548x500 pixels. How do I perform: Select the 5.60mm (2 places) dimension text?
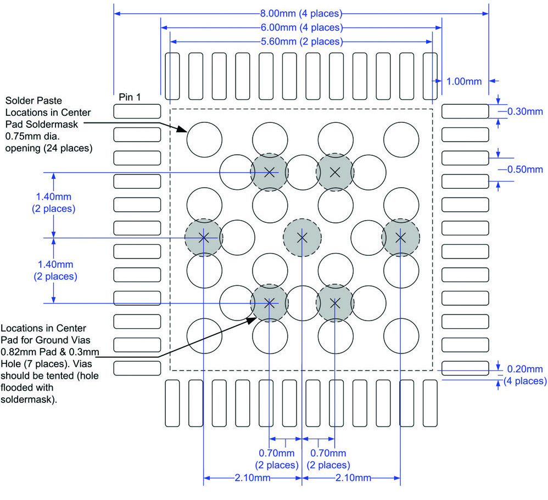pyautogui.click(x=301, y=42)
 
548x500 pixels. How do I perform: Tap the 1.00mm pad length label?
pyautogui.click(x=464, y=81)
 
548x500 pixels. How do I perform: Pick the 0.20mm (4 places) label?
pyautogui.click(x=525, y=374)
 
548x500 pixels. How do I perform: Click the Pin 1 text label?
pyautogui.click(x=130, y=97)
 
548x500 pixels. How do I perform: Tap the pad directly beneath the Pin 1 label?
pyautogui.click(x=137, y=111)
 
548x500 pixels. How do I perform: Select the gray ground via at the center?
pyautogui.click(x=301, y=237)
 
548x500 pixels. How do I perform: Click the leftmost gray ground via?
pyautogui.click(x=203, y=237)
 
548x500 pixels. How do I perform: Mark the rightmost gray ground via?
pyautogui.click(x=400, y=237)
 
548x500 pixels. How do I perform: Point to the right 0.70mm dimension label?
pyautogui.click(x=328, y=458)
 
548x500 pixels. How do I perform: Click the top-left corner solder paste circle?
pyautogui.click(x=204, y=139)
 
